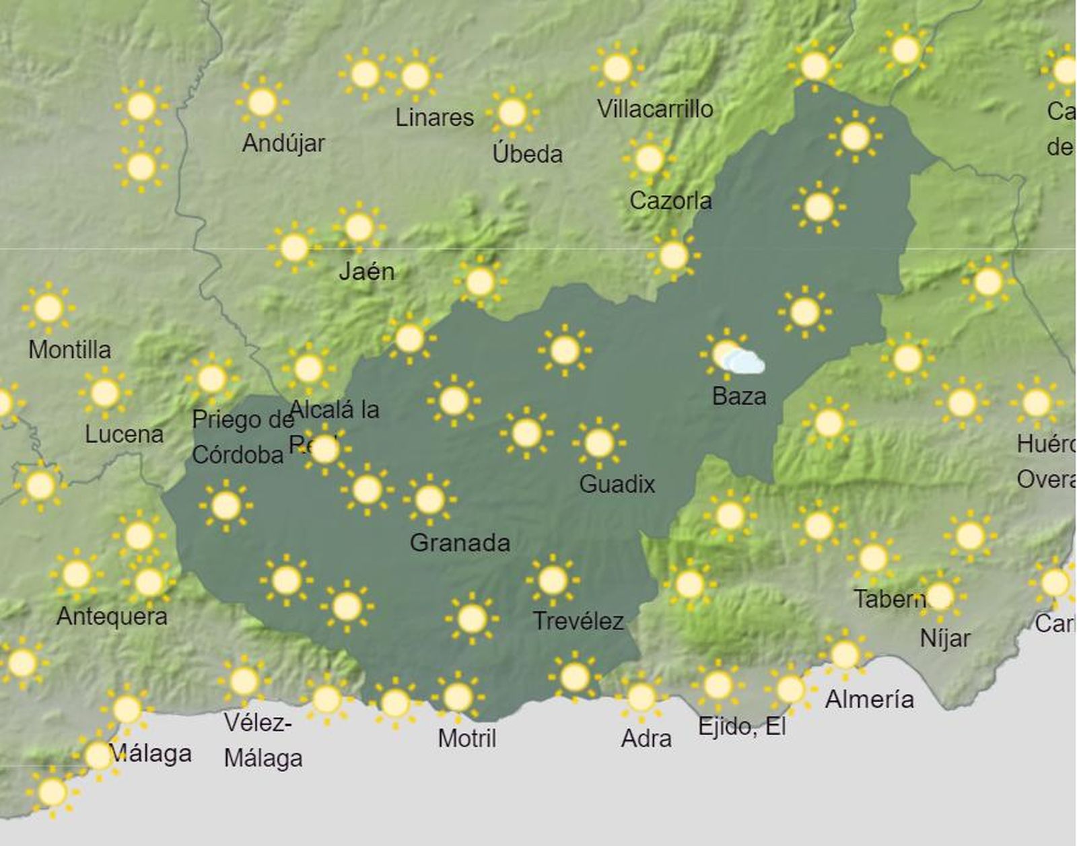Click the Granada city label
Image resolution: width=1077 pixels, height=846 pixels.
pyautogui.click(x=460, y=542)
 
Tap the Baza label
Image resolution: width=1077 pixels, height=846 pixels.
pyautogui.click(x=739, y=396)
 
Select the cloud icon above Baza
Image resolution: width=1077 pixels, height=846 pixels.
pyautogui.click(x=744, y=362)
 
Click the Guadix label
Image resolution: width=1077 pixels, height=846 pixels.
pyautogui.click(x=617, y=484)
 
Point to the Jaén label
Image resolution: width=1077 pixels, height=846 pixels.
pyautogui.click(x=366, y=271)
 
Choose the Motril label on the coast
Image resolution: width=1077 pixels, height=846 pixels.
pyautogui.click(x=466, y=738)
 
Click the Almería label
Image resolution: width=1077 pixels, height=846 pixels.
pyautogui.click(x=869, y=699)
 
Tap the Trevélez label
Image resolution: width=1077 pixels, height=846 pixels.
pyautogui.click(x=578, y=621)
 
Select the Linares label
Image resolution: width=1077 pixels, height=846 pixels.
pyautogui.click(x=434, y=118)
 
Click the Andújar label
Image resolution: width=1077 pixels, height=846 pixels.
pyautogui.click(x=283, y=143)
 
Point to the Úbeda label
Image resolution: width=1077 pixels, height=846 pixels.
pyautogui.click(x=527, y=154)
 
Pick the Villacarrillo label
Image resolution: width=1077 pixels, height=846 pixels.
pyautogui.click(x=655, y=108)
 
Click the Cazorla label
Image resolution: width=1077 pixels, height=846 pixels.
pyautogui.click(x=670, y=201)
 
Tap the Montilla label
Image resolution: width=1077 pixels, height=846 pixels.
pyautogui.click(x=69, y=349)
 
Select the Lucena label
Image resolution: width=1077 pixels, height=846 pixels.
pyautogui.click(x=124, y=434)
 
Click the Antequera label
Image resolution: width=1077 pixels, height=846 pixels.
pyautogui.click(x=112, y=616)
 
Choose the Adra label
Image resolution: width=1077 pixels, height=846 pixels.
pyautogui.click(x=646, y=738)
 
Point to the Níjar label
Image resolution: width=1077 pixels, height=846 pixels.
pyautogui.click(x=945, y=638)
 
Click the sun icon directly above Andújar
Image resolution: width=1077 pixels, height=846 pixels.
pyautogui.click(x=262, y=102)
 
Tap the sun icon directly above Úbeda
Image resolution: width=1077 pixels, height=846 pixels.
pyautogui.click(x=512, y=112)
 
